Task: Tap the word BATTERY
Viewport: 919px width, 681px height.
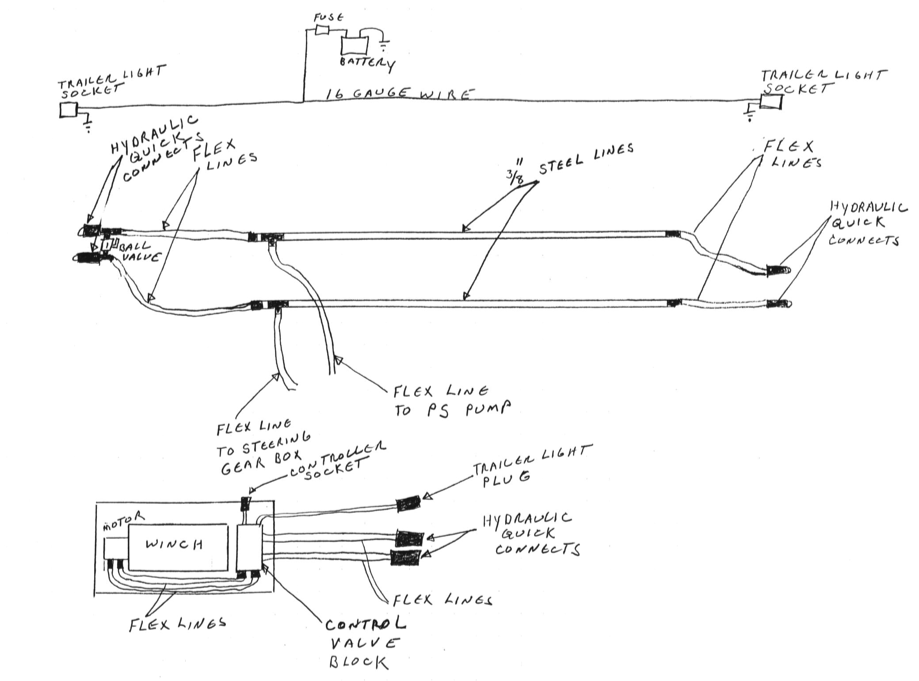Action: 366,63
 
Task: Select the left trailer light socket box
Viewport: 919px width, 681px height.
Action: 68,110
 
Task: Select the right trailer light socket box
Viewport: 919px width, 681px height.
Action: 770,102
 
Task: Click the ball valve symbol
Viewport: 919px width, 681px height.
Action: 107,245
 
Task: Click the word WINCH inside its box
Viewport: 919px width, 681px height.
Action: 174,543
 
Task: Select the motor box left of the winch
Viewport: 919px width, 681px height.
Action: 115,548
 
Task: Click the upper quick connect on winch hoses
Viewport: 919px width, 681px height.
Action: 409,538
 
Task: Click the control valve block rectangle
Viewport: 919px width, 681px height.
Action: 249,547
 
